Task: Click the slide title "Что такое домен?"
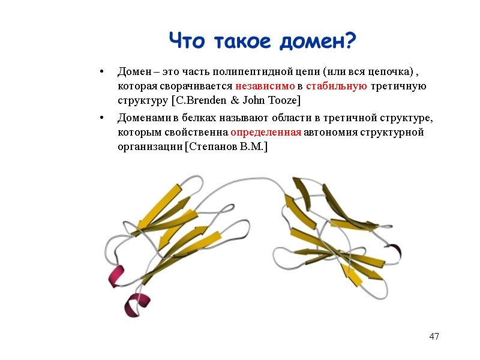tap(262, 41)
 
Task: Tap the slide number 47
tap(434, 336)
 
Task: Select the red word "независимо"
tap(265, 86)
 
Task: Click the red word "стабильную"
tap(337, 86)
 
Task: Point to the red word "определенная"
tap(265, 132)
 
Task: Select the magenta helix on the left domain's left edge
tap(116, 276)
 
